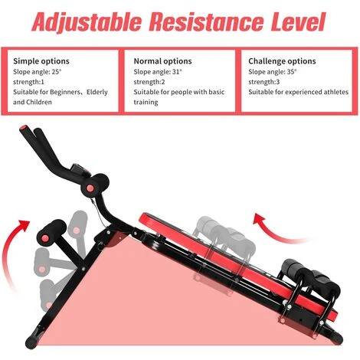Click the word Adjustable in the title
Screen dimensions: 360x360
pos(87,21)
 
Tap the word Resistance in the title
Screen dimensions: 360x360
pos(206,21)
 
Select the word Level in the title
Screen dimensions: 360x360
pos(298,21)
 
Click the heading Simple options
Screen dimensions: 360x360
pos(41,61)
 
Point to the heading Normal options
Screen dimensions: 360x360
pos(162,61)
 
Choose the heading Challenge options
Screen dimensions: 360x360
pos(282,61)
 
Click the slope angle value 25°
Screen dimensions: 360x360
pos(57,72)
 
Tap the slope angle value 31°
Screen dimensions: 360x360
pos(177,72)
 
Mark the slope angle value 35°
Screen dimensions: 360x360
pos(292,72)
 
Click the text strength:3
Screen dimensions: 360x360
pos(264,82)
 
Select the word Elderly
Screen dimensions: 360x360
pos(97,92)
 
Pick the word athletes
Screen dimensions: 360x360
pos(336,92)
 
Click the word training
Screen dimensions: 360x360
pos(146,103)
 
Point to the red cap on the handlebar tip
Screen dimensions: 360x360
pos(25,128)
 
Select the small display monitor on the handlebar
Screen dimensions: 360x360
pos(80,170)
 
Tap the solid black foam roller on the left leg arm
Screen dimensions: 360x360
pos(52,231)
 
